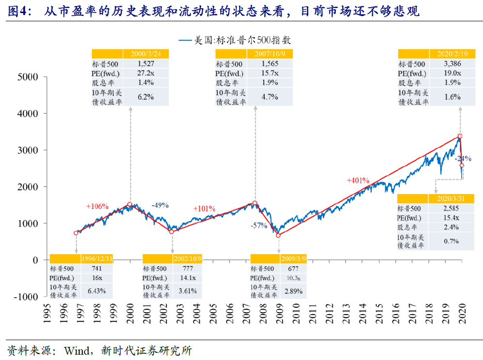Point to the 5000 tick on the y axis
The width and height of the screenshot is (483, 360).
pyautogui.click(x=27, y=76)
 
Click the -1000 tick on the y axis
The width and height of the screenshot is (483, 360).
pyautogui.click(x=26, y=297)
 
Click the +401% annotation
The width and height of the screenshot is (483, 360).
pyautogui.click(x=358, y=180)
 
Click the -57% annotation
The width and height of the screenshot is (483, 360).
pyautogui.click(x=259, y=226)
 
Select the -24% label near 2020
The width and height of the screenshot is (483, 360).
pyautogui.click(x=463, y=159)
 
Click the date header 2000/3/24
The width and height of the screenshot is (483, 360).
pyautogui.click(x=146, y=54)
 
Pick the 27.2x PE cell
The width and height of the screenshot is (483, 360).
pyautogui.click(x=146, y=73)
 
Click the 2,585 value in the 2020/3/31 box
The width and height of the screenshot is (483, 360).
pyautogui.click(x=451, y=208)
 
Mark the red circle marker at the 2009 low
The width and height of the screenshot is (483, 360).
pyautogui.click(x=278, y=235)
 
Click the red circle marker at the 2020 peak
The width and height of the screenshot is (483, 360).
pyautogui.click(x=460, y=136)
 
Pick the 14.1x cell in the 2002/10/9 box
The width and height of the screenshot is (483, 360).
pyautogui.click(x=188, y=278)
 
